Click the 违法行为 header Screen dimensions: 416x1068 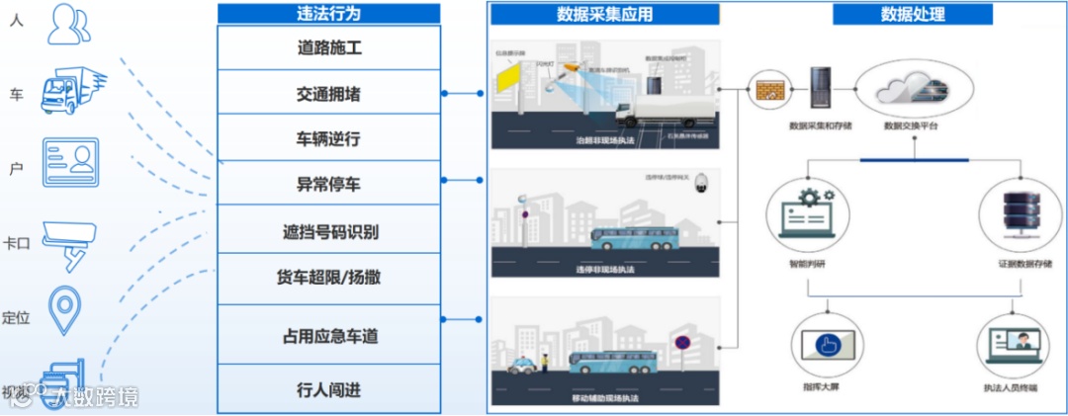328,14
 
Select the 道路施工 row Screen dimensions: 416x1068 329,47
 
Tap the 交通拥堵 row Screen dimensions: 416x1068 329,94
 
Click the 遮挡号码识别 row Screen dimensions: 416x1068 329,232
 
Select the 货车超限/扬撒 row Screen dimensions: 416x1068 329,278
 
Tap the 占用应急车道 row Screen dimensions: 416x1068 329,336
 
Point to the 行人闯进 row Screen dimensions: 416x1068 329,389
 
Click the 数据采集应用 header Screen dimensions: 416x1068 604,15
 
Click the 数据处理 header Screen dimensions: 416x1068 912,15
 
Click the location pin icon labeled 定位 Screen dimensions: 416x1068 66,310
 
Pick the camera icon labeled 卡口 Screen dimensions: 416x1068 69,240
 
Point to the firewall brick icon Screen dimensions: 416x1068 768,91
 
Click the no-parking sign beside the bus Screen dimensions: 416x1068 681,342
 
